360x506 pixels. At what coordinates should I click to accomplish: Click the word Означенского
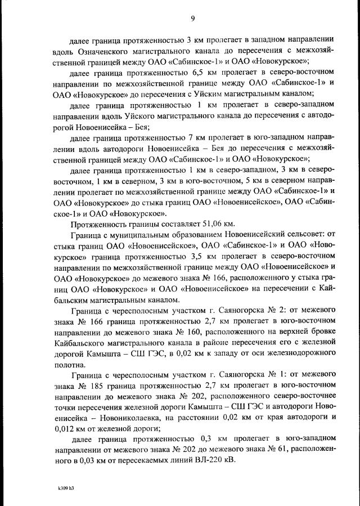pos(102,51)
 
